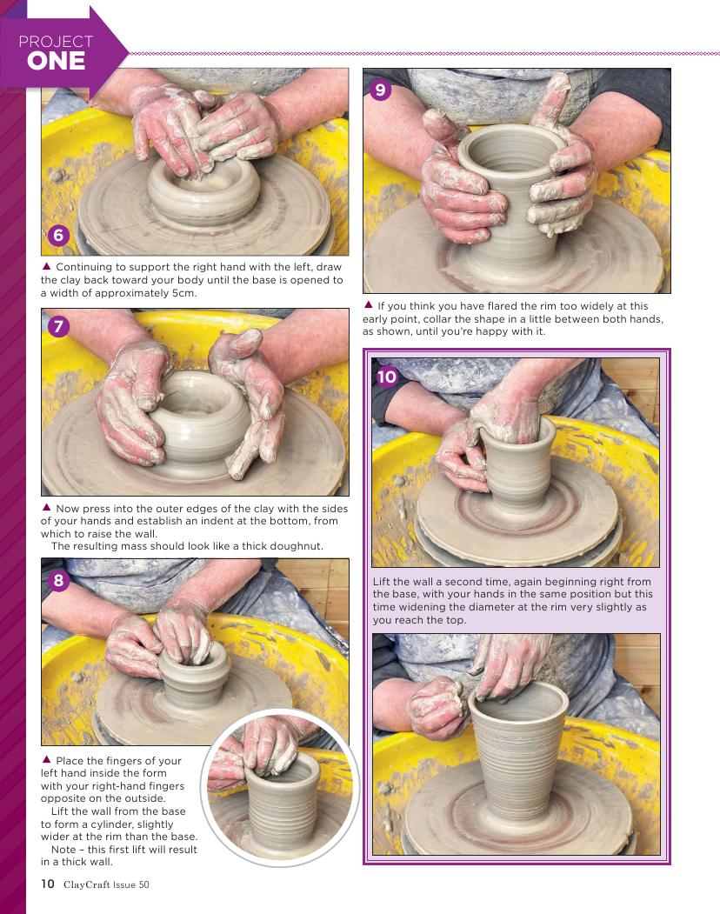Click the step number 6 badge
click(58, 235)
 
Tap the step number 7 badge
click(58, 326)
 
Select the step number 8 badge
click(58, 580)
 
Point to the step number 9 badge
click(380, 90)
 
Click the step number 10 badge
click(386, 377)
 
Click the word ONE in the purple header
click(56, 61)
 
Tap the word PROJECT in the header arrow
click(56, 42)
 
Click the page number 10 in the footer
click(47, 884)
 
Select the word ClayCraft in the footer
click(87, 884)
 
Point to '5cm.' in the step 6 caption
click(184, 292)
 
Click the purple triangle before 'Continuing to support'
click(46, 266)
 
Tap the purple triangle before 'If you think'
click(368, 305)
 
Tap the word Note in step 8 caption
click(63, 850)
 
